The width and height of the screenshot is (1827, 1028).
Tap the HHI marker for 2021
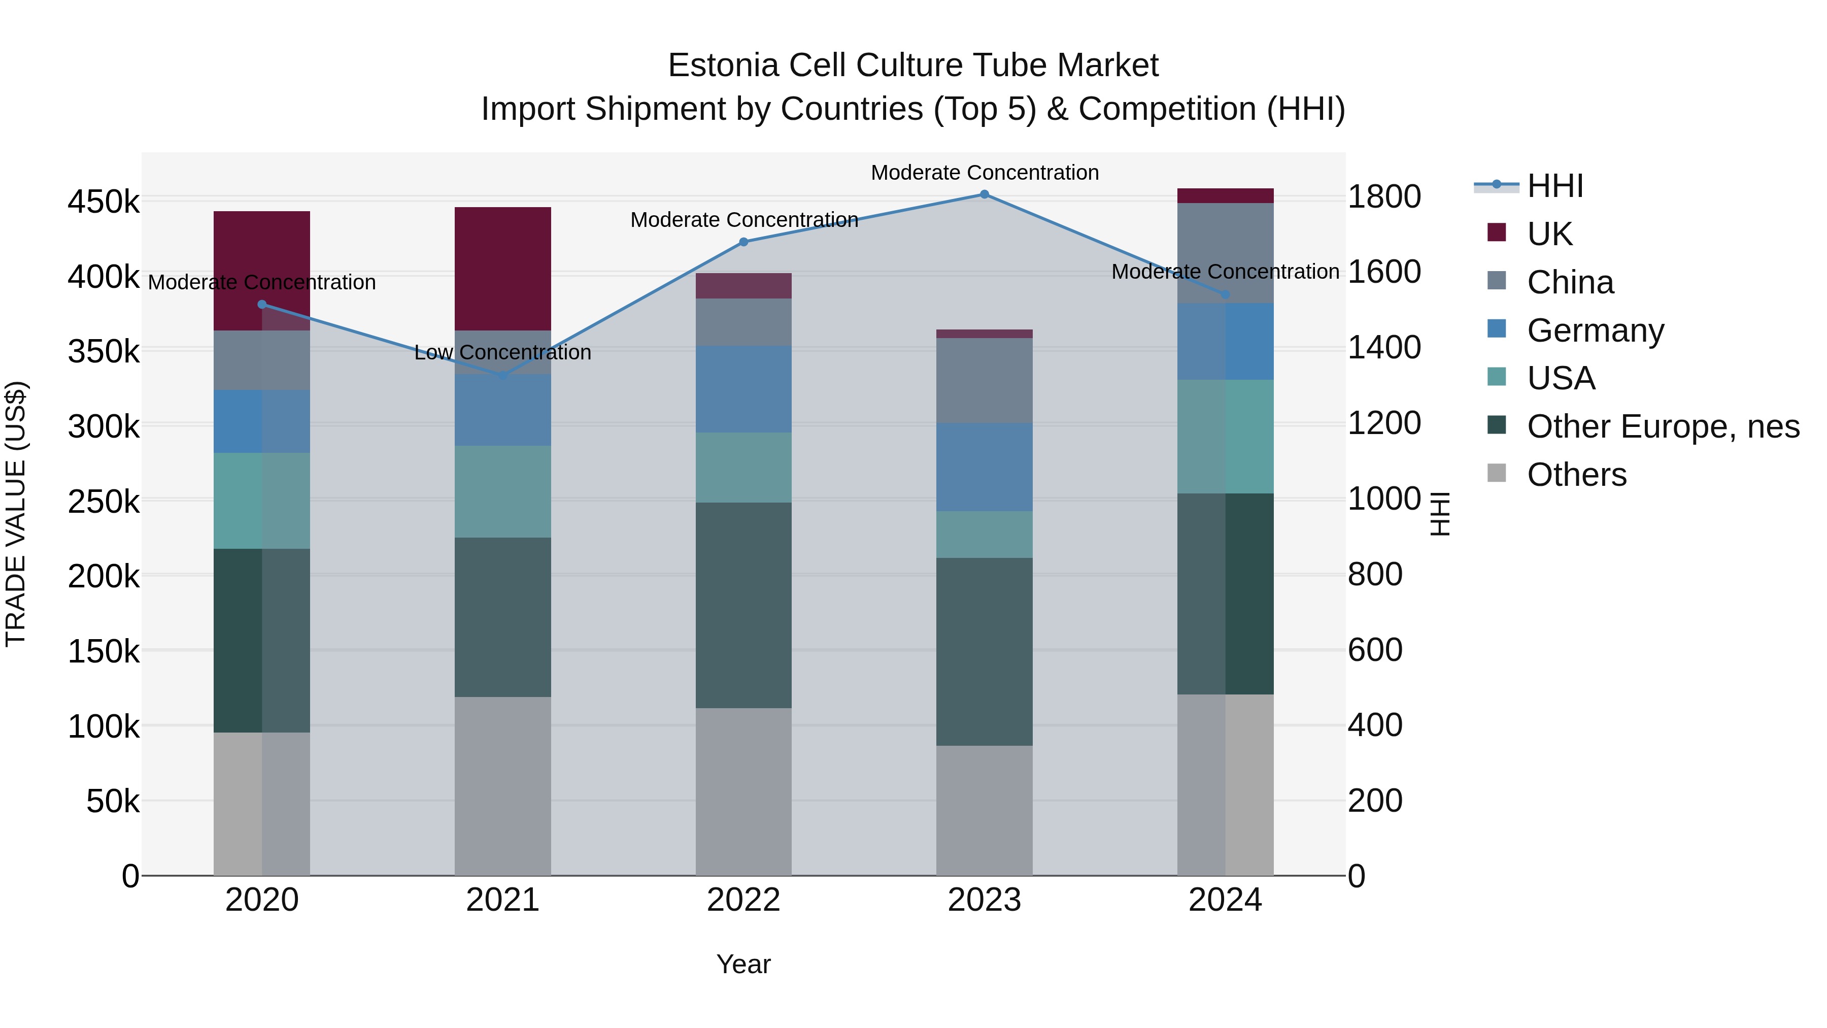point(503,375)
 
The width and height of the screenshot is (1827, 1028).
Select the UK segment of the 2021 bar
point(503,268)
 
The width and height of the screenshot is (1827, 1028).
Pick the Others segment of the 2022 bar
point(743,791)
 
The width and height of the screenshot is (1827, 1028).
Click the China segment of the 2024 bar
point(1225,253)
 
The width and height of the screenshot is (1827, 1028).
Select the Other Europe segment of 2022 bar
point(743,605)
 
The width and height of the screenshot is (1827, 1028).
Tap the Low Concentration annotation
point(503,353)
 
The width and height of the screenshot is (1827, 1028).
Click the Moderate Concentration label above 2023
point(985,173)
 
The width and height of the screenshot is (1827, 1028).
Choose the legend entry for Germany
point(1595,330)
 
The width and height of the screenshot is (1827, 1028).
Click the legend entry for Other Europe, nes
point(1663,426)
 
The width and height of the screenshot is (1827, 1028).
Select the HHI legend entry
point(1554,186)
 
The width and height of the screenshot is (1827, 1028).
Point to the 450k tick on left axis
point(104,202)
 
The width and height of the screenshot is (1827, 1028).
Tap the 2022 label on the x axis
point(743,900)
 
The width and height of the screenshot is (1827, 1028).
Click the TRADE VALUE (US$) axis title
point(16,514)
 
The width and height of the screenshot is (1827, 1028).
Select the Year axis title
point(743,964)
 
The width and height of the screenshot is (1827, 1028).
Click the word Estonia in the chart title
point(723,65)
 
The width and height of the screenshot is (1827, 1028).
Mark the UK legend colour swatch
point(1497,232)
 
